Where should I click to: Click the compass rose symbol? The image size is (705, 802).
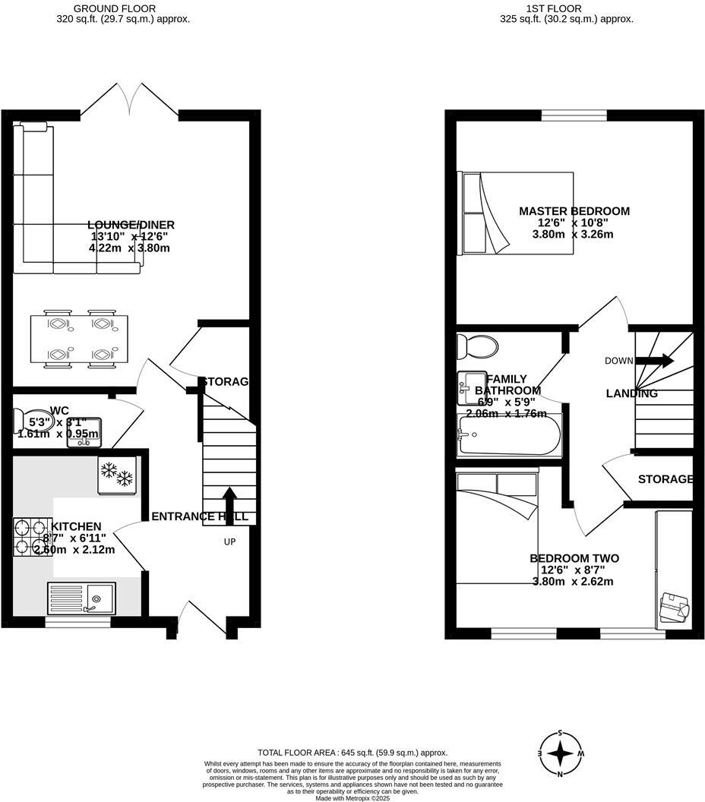(561, 753)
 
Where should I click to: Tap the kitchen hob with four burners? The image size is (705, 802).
(30, 536)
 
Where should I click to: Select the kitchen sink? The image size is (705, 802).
(81, 597)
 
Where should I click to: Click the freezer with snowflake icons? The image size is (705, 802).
(116, 475)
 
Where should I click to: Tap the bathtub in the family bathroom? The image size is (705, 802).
(508, 435)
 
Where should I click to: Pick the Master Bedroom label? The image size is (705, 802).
(574, 211)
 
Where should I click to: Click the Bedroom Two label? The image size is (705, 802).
(574, 558)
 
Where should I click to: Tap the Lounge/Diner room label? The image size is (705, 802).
(131, 225)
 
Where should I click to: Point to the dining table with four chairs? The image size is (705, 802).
(80, 339)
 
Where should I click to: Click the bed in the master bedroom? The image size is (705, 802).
(517, 213)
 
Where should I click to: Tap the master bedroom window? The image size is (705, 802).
(574, 115)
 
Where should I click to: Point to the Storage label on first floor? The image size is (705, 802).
(665, 479)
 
